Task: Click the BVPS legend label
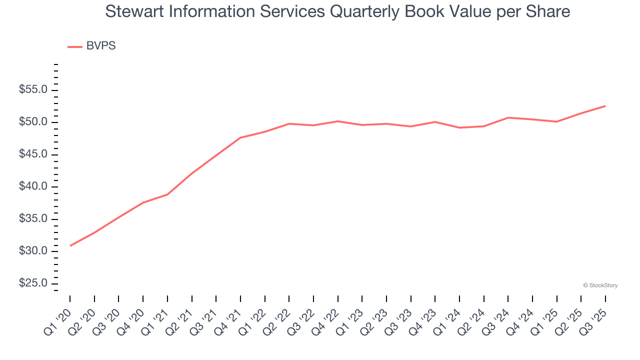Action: click(x=101, y=46)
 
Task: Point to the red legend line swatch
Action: click(x=75, y=46)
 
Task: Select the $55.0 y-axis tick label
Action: click(x=33, y=90)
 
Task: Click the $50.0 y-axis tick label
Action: click(x=33, y=122)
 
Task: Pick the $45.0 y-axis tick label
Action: click(x=33, y=154)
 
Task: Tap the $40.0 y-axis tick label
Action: click(x=33, y=187)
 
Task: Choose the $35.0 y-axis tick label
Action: click(x=33, y=219)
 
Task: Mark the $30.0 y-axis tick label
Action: click(x=33, y=251)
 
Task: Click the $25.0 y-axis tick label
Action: click(x=33, y=283)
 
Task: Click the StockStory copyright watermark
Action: click(x=600, y=285)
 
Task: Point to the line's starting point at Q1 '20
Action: click(x=70, y=245)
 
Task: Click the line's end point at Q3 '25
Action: click(x=605, y=106)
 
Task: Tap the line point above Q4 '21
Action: click(x=240, y=137)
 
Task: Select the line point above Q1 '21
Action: click(x=167, y=194)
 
